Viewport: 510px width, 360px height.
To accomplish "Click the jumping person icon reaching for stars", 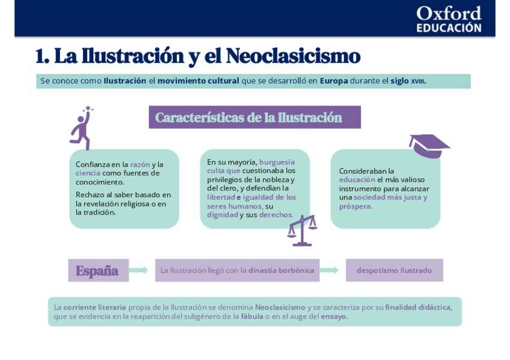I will (81, 127).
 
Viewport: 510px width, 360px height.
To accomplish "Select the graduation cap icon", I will (428, 145).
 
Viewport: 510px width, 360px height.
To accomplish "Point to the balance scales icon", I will (301, 230).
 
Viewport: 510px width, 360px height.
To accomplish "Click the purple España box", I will (97, 270).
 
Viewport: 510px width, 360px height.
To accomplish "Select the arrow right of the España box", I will (138, 270).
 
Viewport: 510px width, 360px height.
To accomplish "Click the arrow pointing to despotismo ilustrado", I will (329, 270).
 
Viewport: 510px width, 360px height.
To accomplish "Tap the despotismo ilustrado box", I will (394, 270).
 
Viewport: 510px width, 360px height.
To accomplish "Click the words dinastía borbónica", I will (281, 270).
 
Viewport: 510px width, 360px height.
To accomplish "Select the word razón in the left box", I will (140, 165).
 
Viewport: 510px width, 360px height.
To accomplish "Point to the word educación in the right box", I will (357, 180).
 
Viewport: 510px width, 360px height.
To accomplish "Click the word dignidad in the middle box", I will (222, 215).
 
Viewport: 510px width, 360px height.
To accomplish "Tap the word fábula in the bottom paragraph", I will (252, 316).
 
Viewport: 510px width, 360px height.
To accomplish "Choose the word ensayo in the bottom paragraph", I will (334, 316).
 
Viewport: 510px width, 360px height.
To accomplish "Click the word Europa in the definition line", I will (334, 81).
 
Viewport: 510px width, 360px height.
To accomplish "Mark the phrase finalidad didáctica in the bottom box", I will (418, 307).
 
